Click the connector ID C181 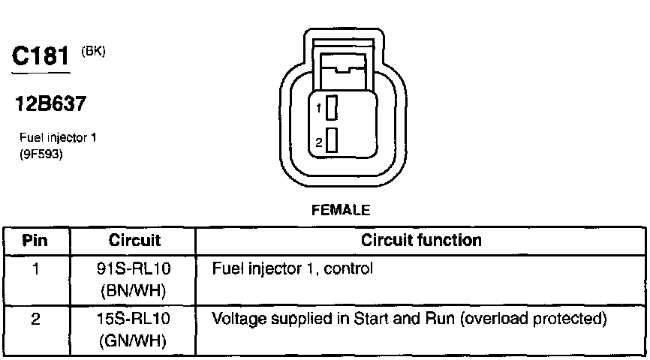click(x=42, y=56)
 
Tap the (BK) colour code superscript click(x=94, y=51)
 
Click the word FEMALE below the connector click(x=341, y=211)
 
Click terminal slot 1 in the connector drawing click(x=331, y=108)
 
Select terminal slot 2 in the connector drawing click(x=331, y=141)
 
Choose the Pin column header click(x=36, y=241)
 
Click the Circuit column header click(x=134, y=241)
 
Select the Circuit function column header click(x=421, y=241)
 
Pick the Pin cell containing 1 click(x=36, y=268)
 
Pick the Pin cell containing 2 click(x=36, y=319)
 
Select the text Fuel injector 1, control click(x=293, y=268)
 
